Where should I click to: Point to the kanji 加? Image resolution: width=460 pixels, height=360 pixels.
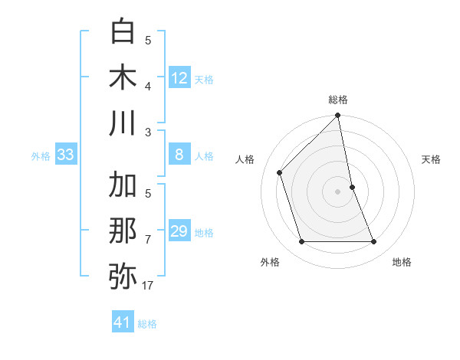tap(123, 185)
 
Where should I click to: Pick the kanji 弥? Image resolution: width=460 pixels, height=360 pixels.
tap(123, 276)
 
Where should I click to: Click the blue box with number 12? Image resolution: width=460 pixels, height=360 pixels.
tap(179, 78)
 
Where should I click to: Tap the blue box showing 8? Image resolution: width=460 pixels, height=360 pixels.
tap(179, 155)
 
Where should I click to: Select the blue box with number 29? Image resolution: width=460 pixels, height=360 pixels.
tap(179, 231)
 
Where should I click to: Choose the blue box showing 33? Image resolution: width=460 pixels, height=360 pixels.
tap(66, 155)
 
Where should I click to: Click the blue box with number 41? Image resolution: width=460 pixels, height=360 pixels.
tap(123, 322)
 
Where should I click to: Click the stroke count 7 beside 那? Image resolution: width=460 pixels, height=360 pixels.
tap(147, 239)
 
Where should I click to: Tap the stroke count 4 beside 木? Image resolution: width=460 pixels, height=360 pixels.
tap(147, 85)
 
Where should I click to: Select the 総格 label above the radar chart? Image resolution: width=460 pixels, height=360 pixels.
tap(338, 100)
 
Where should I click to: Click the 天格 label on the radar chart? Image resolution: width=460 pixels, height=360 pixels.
tap(431, 159)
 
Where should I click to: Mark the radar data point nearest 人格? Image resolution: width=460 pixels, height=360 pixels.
tap(280, 172)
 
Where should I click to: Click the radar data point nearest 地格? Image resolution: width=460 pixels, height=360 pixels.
tap(374, 242)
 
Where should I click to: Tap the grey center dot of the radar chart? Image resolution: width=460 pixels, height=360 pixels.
tap(338, 191)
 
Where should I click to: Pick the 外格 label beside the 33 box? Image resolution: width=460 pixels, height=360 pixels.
tap(41, 156)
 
